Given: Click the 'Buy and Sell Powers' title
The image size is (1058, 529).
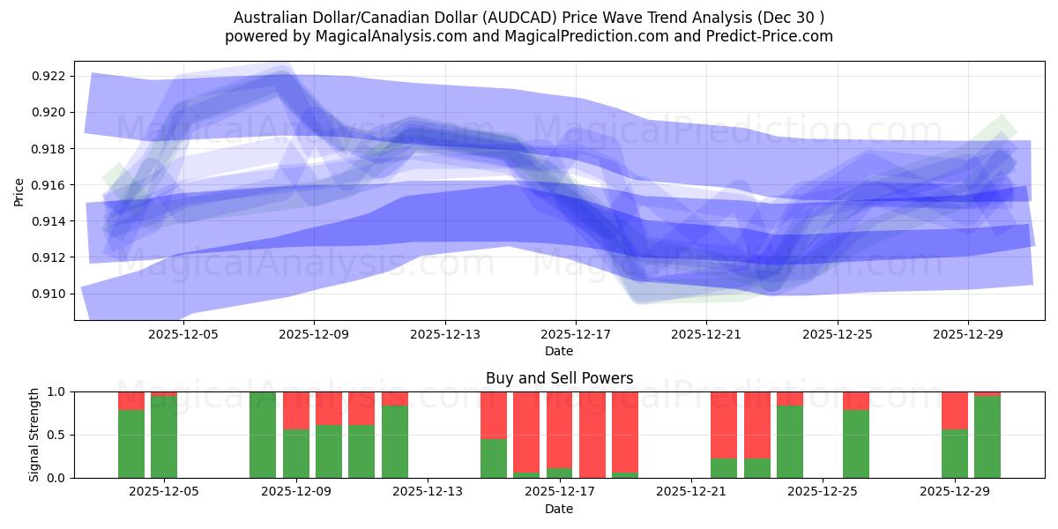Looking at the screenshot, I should pyautogui.click(x=559, y=378).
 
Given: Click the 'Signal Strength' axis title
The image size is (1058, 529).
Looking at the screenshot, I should pyautogui.click(x=35, y=435).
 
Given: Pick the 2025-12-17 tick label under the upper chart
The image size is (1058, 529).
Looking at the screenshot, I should pyautogui.click(x=576, y=334).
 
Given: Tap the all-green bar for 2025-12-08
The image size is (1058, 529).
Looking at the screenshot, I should pyautogui.click(x=263, y=435).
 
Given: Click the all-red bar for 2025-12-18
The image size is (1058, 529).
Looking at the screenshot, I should pyautogui.click(x=592, y=435).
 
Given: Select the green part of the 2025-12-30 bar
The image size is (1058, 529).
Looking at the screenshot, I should pyautogui.click(x=987, y=436).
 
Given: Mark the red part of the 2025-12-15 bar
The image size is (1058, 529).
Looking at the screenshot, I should pyautogui.click(x=494, y=415).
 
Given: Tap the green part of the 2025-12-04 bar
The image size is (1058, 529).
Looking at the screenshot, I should pyautogui.click(x=131, y=443).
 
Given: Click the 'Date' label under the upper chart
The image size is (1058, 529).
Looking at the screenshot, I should pyautogui.click(x=559, y=351).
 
